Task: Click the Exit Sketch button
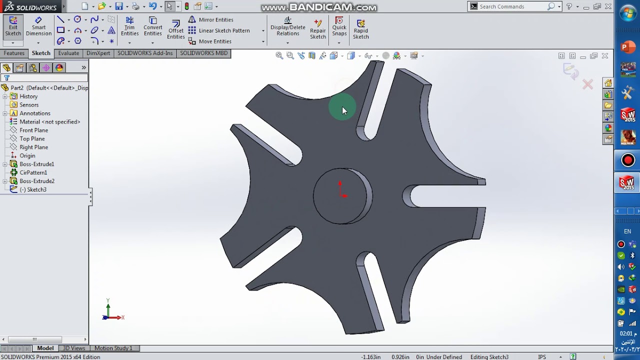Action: coord(13,27)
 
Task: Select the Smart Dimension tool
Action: coord(38,27)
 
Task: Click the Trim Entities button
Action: coord(129,27)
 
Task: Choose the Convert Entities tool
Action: coord(152,27)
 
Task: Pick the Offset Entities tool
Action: coord(175,29)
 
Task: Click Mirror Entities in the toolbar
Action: coord(215,19)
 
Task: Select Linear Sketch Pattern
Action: coord(223,30)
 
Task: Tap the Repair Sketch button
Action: coord(317,29)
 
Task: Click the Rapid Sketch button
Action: coord(360,29)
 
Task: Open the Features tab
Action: coord(14,53)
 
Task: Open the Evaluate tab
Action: coord(68,53)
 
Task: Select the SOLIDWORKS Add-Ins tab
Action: coord(145,53)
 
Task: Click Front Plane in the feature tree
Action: coord(33,130)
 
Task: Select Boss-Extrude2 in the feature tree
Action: coord(36,181)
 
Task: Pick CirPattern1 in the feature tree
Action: coord(33,172)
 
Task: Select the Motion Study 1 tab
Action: coord(113,348)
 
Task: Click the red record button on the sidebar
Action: coord(628,160)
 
